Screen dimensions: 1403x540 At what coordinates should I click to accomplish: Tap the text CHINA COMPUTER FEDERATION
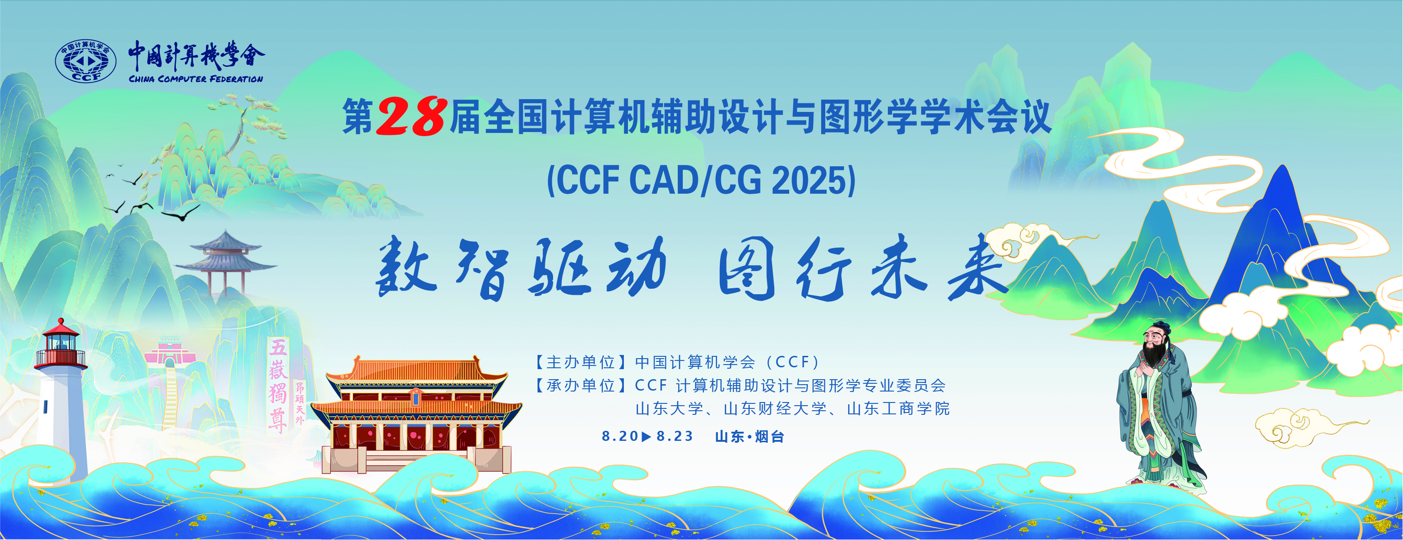[196, 79]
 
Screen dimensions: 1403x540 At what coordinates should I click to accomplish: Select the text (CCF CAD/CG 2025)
[701, 180]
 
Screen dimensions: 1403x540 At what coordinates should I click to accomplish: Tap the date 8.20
[620, 436]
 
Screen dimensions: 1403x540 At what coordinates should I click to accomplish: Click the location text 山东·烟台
[749, 436]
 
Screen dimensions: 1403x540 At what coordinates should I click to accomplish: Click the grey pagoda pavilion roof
[226, 254]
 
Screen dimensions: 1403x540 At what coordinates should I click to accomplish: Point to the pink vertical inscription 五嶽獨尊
[278, 385]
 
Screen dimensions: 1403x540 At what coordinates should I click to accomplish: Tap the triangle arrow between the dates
[647, 436]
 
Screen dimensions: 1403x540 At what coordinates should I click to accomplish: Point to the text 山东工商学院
[898, 409]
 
